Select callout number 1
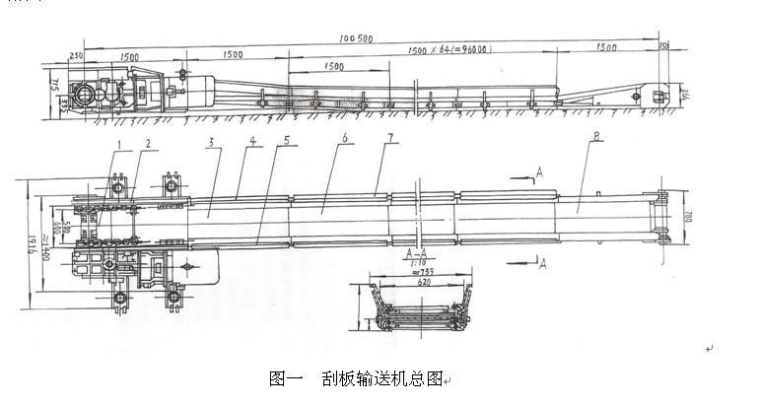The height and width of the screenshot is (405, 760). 118,145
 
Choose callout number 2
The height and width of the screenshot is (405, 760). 149,145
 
